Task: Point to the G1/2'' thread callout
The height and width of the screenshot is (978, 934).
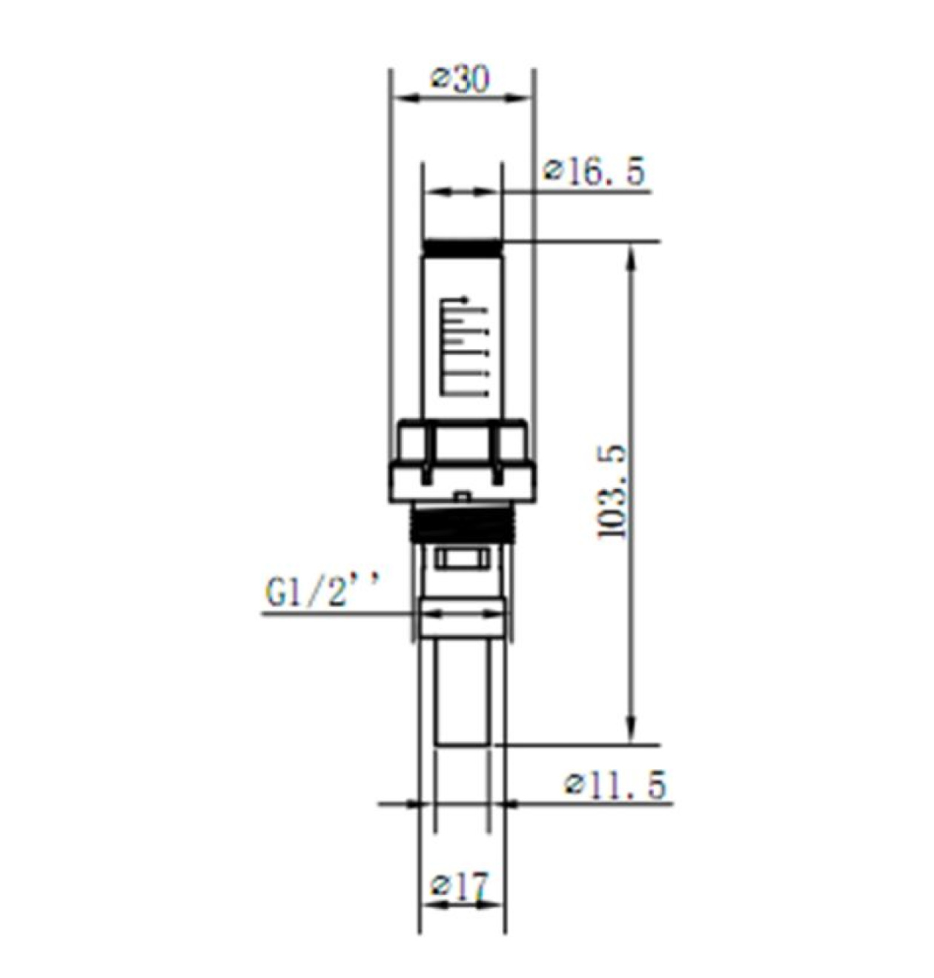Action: pos(323,591)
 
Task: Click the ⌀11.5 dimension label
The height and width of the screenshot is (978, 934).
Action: pos(615,785)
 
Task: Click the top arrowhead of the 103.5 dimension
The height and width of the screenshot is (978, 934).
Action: pos(632,258)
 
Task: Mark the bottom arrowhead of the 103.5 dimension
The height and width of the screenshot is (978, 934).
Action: pos(632,730)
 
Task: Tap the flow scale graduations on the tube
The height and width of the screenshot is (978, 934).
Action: pos(463,347)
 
